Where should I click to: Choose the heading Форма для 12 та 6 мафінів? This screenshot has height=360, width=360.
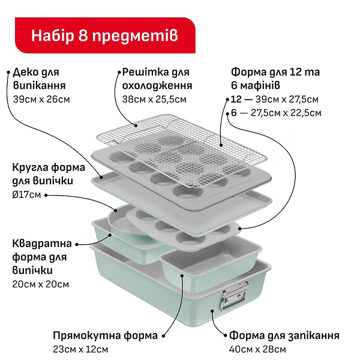click(x=275, y=79)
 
